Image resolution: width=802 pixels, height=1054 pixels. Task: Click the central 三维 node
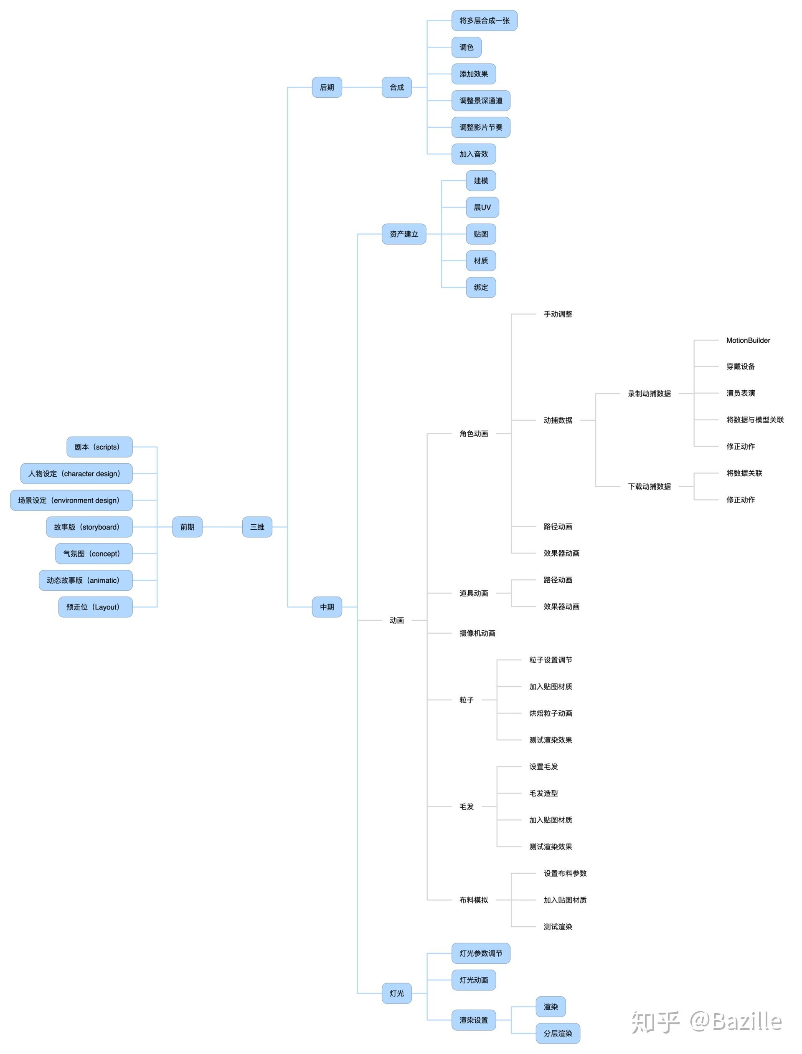tap(257, 527)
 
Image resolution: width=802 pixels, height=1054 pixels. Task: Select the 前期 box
tap(187, 527)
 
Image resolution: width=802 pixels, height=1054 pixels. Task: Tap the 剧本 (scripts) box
tap(99, 447)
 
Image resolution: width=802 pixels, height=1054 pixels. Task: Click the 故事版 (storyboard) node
tap(89, 527)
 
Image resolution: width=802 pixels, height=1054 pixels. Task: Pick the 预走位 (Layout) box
tap(96, 607)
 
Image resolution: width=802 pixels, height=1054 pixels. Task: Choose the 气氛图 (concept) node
tap(94, 554)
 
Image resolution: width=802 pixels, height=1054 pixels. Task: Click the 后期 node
tap(327, 87)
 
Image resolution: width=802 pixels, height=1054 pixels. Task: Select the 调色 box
tap(467, 47)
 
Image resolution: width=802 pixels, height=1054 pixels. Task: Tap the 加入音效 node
tap(474, 154)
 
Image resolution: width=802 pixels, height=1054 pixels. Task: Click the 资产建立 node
tap(404, 234)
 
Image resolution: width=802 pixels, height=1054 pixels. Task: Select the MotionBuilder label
tap(748, 341)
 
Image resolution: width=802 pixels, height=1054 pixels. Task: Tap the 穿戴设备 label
tap(741, 367)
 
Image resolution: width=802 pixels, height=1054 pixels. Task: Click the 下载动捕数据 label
tap(649, 486)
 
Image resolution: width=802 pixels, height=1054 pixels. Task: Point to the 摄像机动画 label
tap(477, 633)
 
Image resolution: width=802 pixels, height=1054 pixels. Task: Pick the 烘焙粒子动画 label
tap(551, 713)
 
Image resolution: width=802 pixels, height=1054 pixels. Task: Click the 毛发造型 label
tap(543, 794)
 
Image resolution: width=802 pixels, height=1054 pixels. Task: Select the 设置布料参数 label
tap(565, 874)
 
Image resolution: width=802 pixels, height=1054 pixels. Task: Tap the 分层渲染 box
tap(558, 1034)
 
